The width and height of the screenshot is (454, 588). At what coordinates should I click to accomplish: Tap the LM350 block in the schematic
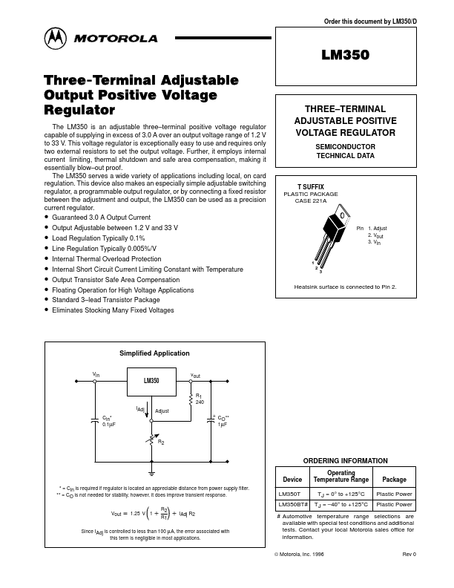point(151,381)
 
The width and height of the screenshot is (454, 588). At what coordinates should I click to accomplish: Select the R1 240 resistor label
point(200,399)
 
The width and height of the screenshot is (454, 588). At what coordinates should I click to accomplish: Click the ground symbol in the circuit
point(151,472)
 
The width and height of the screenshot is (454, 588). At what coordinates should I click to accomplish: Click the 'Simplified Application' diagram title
point(154,353)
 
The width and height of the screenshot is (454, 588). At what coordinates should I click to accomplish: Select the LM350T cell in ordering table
point(289,494)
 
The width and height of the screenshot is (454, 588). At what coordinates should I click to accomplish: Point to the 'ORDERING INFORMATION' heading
point(346,461)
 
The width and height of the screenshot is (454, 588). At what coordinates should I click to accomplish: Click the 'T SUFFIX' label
point(311,189)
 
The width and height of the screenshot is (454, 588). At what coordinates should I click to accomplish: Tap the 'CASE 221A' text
point(311,200)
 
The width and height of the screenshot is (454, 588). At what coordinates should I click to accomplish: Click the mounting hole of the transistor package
point(342,215)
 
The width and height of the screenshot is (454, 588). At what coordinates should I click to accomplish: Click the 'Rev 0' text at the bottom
point(409,554)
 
